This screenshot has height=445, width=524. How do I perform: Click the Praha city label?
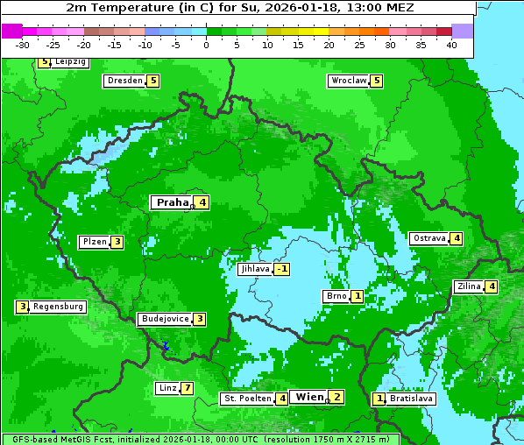coord(172,202)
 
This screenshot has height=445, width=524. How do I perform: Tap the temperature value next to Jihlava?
coord(281,270)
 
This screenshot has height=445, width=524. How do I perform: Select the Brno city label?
coord(336,296)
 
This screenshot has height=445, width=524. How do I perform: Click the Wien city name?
coord(309,397)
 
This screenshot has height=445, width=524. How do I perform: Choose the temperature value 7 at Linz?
coord(187,388)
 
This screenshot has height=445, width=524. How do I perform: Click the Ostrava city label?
coord(428,238)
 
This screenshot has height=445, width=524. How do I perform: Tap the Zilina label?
coord(469,286)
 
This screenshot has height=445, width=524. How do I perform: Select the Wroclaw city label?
coord(349,81)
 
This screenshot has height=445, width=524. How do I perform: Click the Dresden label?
coord(124,81)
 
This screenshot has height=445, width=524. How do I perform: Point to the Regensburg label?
coord(59,307)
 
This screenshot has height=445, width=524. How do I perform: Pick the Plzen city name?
coord(94,242)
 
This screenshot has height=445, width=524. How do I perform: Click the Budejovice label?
coord(165,319)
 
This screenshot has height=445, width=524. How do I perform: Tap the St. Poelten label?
coord(247,399)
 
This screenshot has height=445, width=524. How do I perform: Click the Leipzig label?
coord(70,62)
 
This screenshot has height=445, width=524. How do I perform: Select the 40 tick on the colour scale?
coord(451,46)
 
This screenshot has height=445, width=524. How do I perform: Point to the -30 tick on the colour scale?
coord(23,46)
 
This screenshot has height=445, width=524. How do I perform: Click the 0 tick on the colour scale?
coord(206,46)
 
